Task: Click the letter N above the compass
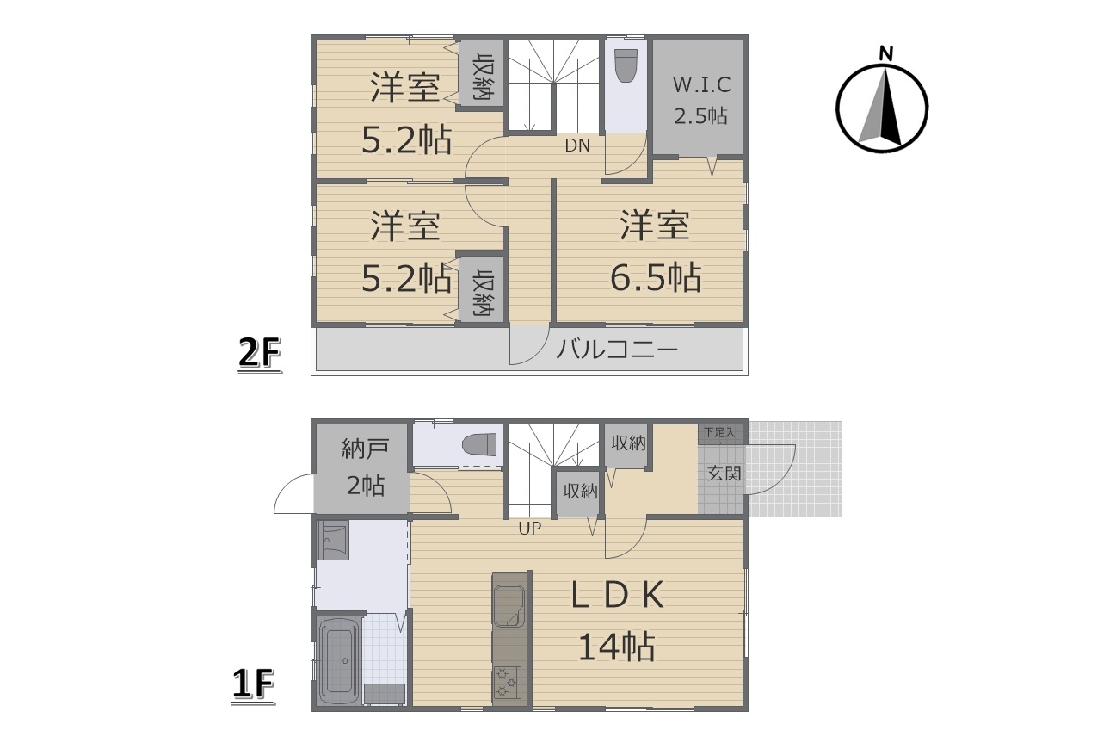point(885,53)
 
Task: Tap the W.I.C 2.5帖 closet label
point(701,100)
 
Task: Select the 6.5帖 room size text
point(655,276)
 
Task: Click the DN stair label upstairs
point(577,145)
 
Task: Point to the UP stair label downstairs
point(529,529)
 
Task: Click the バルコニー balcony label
point(617,349)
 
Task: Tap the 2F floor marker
point(260,355)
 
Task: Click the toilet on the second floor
point(626,65)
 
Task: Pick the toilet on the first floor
point(480,444)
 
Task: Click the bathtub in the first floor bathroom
point(339,660)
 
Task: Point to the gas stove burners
point(507,682)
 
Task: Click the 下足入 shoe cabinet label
point(719,432)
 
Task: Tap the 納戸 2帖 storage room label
point(366,467)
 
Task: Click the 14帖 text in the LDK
point(617,647)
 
